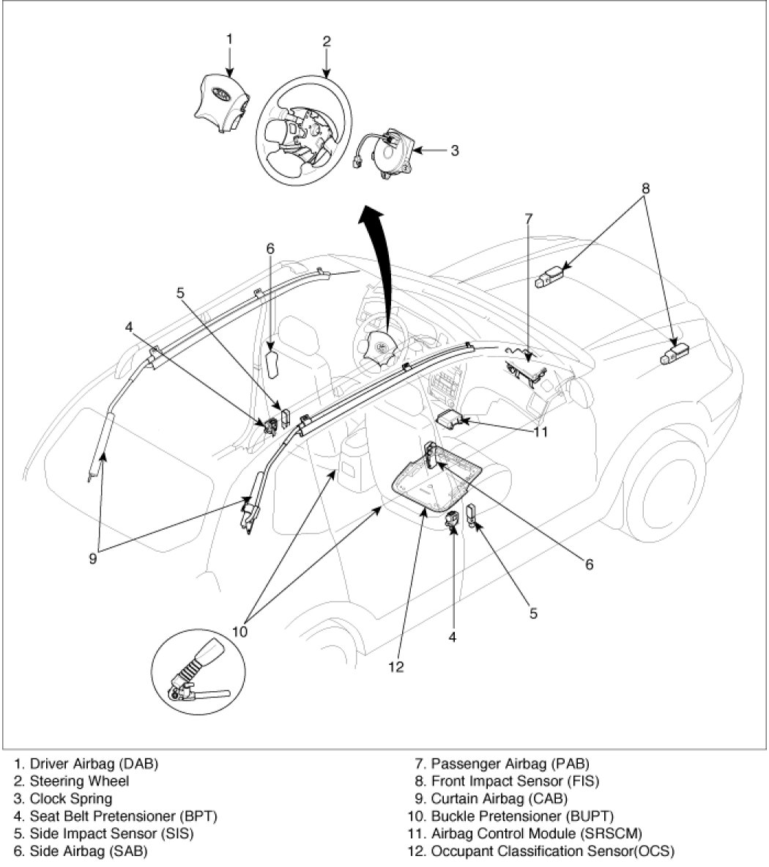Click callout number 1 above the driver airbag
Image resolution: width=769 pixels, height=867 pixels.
click(x=229, y=37)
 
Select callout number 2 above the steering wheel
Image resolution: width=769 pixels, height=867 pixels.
click(x=327, y=41)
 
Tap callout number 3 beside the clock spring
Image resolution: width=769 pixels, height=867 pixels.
click(x=454, y=150)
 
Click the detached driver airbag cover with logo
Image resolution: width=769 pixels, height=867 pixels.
click(x=219, y=103)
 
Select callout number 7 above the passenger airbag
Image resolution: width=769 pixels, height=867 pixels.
click(x=529, y=218)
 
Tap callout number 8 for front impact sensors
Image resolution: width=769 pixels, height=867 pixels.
click(x=646, y=188)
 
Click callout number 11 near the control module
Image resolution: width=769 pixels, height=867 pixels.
click(x=540, y=432)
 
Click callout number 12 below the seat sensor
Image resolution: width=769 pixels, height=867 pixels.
click(x=396, y=667)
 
